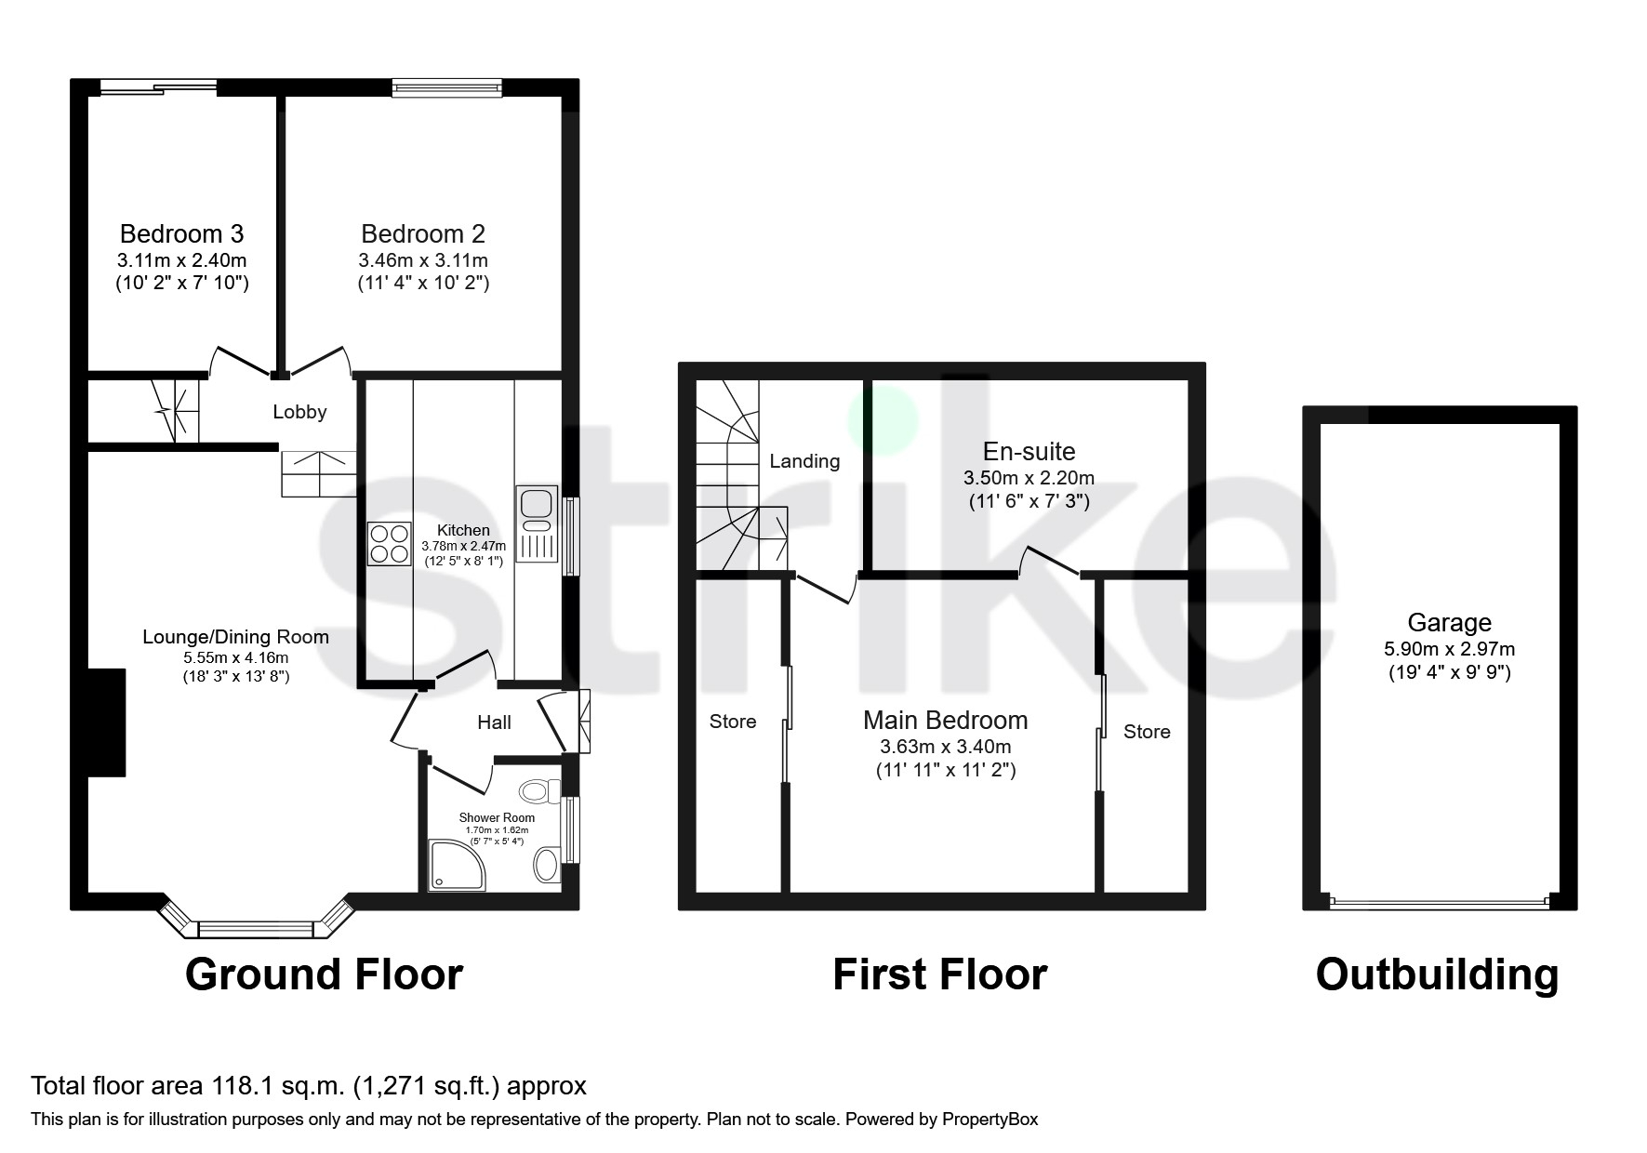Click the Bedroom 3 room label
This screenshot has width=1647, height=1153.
[181, 233]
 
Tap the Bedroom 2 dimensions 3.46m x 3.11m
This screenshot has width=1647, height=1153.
[423, 260]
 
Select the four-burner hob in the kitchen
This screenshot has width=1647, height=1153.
[390, 544]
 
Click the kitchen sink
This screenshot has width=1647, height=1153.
[536, 505]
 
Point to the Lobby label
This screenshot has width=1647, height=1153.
[299, 412]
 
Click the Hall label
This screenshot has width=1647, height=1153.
[494, 722]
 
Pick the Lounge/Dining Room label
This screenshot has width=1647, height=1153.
[235, 637]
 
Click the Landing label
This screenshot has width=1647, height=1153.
[804, 461]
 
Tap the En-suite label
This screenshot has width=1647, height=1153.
[1029, 452]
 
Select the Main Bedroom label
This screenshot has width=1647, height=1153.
[945, 721]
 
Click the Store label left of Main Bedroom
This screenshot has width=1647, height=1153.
[733, 722]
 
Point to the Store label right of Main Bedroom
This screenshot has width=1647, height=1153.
[1147, 732]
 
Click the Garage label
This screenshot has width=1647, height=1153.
[1449, 623]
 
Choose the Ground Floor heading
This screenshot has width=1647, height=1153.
[324, 974]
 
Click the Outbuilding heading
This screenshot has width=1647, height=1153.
[1437, 974]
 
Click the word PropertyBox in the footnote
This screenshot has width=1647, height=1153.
[990, 1120]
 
